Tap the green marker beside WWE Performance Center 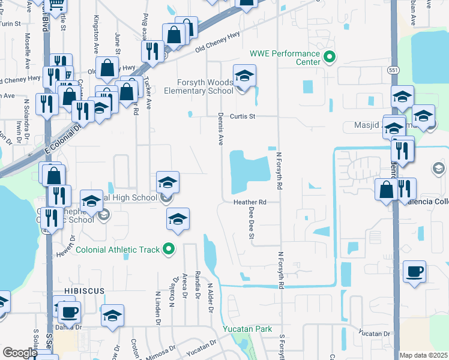[328, 58]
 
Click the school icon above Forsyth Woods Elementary [244, 76]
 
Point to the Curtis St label [244, 116]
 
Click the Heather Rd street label [250, 203]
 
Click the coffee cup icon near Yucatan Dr [414, 272]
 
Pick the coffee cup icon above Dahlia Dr [68, 312]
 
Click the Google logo [20, 353]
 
